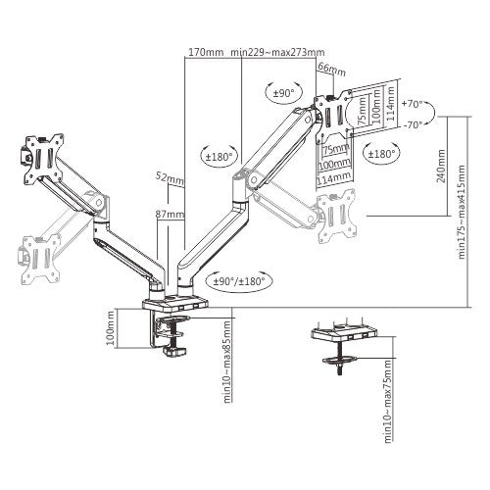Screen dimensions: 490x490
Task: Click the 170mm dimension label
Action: tap(205, 52)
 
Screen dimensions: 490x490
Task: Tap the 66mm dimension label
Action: tap(332, 70)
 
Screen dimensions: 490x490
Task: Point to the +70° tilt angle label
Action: tap(412, 102)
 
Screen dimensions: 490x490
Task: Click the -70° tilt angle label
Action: tap(412, 124)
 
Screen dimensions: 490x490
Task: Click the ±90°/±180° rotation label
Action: tap(241, 279)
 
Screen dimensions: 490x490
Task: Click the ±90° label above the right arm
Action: tap(282, 93)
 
